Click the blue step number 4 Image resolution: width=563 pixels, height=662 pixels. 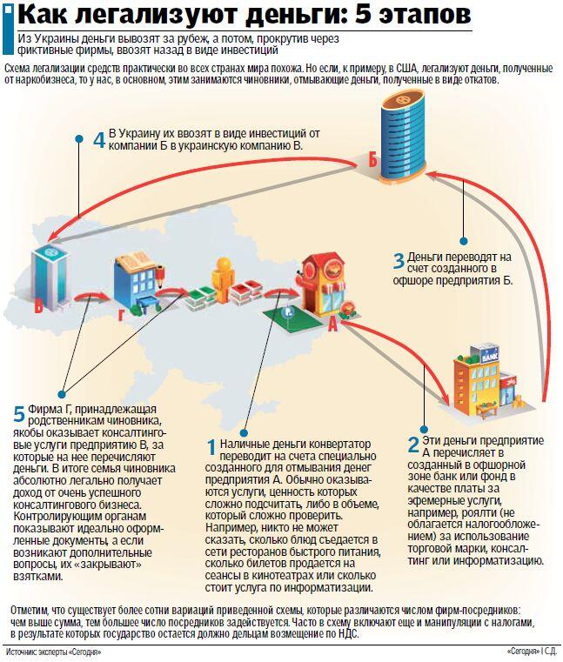pyautogui.click(x=99, y=140)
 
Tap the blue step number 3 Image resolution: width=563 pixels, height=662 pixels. pyautogui.click(x=399, y=260)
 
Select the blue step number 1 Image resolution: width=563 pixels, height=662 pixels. pyautogui.click(x=212, y=447)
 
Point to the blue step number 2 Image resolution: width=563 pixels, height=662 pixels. pyautogui.click(x=413, y=445)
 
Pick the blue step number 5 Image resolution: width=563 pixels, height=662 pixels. pyautogui.click(x=19, y=414)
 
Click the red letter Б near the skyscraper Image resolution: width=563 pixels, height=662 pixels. pyautogui.click(x=372, y=160)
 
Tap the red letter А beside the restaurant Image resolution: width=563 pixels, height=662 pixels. pyautogui.click(x=332, y=324)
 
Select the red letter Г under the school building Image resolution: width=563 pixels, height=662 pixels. pyautogui.click(x=121, y=315)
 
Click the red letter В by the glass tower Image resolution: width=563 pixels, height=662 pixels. pyautogui.click(x=39, y=306)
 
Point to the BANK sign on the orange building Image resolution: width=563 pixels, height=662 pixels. pyautogui.click(x=490, y=358)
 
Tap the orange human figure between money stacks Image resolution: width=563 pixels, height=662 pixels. pyautogui.click(x=222, y=279)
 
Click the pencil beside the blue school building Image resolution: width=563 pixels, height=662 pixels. pyautogui.click(x=160, y=278)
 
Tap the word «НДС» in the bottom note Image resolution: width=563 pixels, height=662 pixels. pyautogui.click(x=348, y=634)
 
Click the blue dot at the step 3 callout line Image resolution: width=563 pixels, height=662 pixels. pyautogui.click(x=464, y=242)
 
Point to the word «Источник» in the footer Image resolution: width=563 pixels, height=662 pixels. pyautogui.click(x=20, y=652)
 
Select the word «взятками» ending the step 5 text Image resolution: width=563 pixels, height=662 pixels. pyautogui.click(x=38, y=576)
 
